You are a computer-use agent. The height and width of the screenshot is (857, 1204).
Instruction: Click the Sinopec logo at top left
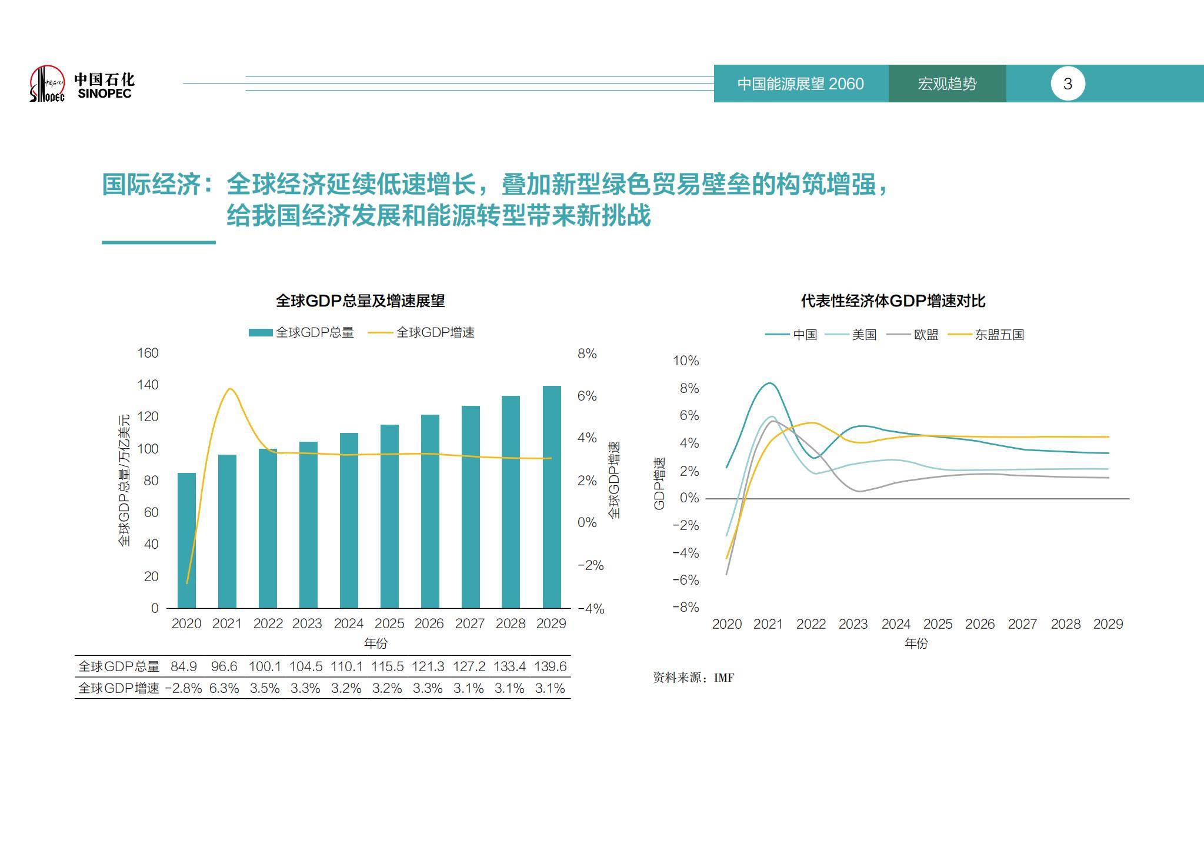[x=81, y=84]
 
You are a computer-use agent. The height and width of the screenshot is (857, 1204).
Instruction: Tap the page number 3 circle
[x=1067, y=84]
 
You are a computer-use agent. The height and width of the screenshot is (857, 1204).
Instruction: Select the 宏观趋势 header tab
[x=946, y=84]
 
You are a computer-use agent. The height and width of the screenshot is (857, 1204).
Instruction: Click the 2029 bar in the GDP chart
[x=551, y=497]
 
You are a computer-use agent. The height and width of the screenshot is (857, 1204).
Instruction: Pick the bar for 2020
[x=186, y=540]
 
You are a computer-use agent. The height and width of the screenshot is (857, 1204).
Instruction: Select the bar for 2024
[x=349, y=521]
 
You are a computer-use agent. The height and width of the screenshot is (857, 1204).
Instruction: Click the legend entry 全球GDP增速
[x=422, y=333]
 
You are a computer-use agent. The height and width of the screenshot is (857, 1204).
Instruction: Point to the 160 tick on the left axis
[x=148, y=353]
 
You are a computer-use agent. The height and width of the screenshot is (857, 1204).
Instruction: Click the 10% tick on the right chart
[x=686, y=361]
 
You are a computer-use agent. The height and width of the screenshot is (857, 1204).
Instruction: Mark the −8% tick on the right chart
[x=686, y=607]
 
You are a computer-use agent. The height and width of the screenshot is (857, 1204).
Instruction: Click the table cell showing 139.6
[x=550, y=666]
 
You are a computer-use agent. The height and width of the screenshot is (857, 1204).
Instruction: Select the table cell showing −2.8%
[x=184, y=688]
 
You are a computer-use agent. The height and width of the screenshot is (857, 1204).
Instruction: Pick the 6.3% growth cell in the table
[x=224, y=688]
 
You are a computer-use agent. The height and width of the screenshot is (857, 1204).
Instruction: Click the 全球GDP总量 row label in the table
[x=119, y=666]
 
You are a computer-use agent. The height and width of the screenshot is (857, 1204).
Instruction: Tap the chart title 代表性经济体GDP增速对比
[x=892, y=301]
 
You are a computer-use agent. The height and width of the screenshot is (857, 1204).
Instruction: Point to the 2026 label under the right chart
[x=979, y=624]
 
